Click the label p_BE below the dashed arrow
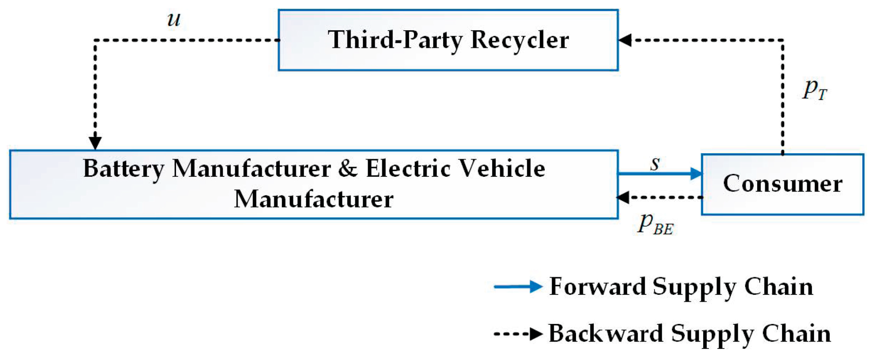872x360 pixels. pyautogui.click(x=655, y=225)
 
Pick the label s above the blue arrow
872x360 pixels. pyautogui.click(x=655, y=164)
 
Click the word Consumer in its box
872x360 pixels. pyautogui.click(x=783, y=184)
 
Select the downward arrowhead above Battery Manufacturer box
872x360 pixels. pyautogui.click(x=95, y=143)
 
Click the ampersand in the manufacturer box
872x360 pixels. pyautogui.click(x=348, y=168)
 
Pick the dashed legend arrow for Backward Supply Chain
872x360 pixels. pyautogui.click(x=518, y=334)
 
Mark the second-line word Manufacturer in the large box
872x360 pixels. pyautogui.click(x=314, y=199)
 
